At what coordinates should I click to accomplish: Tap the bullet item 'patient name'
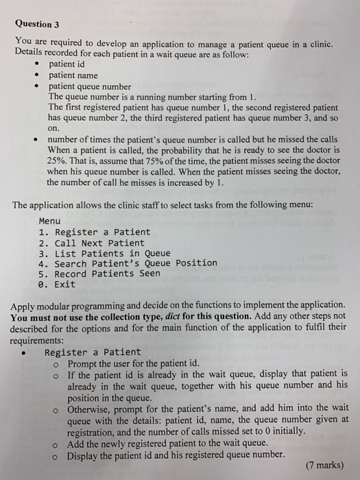[x=73, y=75]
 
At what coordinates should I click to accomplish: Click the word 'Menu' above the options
[x=49, y=221]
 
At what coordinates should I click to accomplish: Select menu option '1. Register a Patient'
[x=95, y=232]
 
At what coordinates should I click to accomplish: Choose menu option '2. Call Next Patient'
[x=92, y=243]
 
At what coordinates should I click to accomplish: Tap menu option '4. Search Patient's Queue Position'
[x=128, y=263]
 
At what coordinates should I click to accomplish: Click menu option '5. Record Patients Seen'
[x=99, y=274]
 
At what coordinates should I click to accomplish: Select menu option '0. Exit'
[x=58, y=284]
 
